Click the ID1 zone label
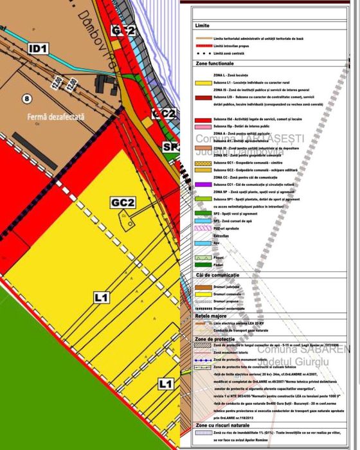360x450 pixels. coord(38,48)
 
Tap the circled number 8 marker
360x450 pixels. coord(26,98)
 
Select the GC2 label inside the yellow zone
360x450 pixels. coord(122,203)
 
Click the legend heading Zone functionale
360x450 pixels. coord(213,65)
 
